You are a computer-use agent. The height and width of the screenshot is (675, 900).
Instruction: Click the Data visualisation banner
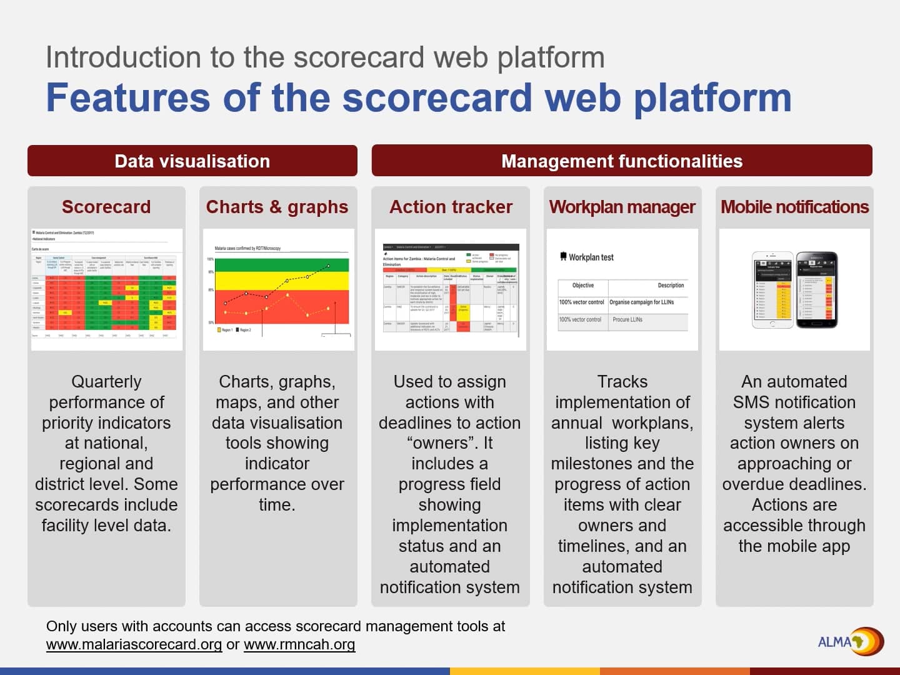coord(192,161)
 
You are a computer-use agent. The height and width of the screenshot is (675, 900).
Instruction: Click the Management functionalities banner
coord(622,161)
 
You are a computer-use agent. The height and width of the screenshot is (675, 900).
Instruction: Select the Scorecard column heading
coord(106,207)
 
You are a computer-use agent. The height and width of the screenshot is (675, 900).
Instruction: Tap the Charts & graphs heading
coord(277,207)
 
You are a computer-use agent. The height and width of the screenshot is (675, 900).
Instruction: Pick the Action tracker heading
coord(451,207)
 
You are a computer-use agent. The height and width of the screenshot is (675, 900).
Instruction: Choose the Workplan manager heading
coord(622,207)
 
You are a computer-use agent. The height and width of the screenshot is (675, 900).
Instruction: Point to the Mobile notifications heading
coord(794,207)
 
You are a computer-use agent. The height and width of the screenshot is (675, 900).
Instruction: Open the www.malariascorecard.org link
coord(134,644)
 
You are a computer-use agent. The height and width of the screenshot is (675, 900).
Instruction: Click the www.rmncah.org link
coord(299,644)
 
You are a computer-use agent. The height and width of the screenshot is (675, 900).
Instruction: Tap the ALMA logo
coord(850,641)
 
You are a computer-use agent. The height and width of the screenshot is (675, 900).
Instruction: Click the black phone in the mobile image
coord(816,289)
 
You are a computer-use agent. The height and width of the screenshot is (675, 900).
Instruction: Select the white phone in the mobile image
coord(772,289)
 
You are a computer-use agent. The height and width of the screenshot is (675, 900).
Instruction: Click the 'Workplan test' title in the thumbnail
coord(591,257)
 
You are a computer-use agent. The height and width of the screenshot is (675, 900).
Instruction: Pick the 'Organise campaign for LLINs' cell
coord(642,302)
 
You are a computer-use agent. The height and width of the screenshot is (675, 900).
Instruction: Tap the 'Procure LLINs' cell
coord(627,319)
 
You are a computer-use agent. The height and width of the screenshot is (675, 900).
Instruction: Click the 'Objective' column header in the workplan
coord(582,286)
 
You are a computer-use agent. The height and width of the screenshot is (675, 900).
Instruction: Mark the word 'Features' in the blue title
coord(127,98)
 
